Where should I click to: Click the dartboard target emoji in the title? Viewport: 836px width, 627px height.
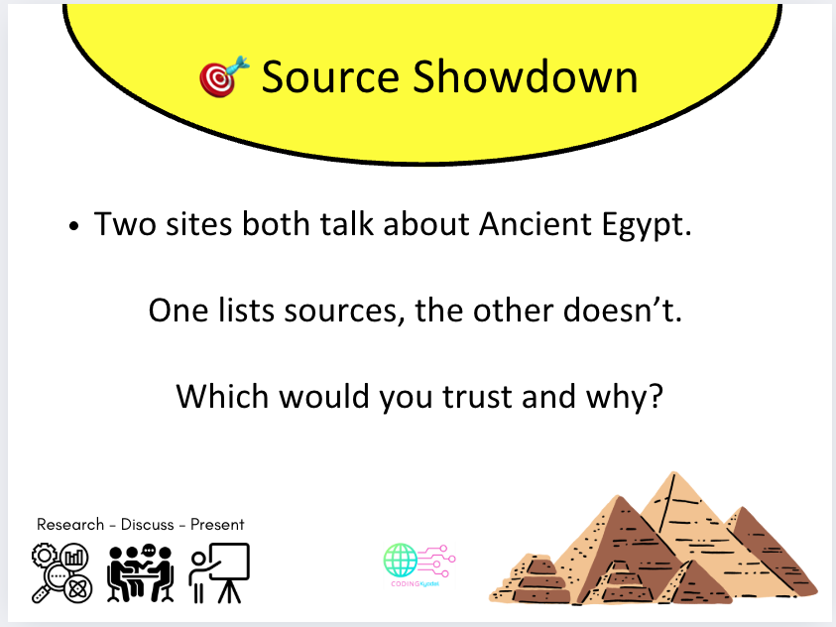pos(219,76)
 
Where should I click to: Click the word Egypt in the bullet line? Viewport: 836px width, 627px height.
pos(648,226)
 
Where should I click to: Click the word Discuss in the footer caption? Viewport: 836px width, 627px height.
pos(148,524)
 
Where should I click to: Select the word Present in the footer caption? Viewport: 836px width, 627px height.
pos(217,524)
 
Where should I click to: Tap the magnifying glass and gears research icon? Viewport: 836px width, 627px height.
pos(62,573)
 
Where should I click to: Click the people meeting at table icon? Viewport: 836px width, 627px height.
pos(140,573)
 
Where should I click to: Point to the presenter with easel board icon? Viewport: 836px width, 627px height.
pos(220,573)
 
